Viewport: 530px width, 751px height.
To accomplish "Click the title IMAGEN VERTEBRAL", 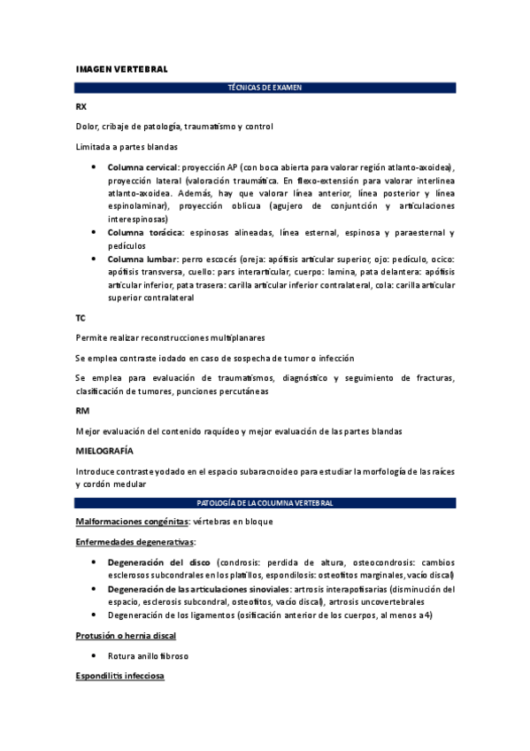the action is click(121, 68).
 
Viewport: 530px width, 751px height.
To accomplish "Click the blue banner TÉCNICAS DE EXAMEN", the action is click(265, 88).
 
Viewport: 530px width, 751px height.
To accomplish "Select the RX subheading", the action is click(81, 107).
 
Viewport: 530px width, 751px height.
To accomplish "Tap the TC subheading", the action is click(81, 317).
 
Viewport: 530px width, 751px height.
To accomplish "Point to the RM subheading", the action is click(81, 411).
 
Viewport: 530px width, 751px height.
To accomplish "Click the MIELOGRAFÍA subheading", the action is click(108, 451).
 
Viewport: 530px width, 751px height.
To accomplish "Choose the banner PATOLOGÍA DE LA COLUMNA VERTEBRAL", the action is click(265, 503).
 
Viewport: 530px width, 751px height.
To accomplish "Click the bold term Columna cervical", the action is click(142, 167).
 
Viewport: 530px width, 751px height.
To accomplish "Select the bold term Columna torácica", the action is click(145, 232).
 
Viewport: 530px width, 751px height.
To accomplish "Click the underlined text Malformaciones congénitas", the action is click(133, 522).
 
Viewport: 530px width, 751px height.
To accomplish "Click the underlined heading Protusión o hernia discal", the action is click(126, 636).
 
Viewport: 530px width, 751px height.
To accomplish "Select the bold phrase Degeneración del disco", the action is click(157, 561).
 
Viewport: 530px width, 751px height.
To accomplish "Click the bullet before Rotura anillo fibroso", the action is click(95, 656).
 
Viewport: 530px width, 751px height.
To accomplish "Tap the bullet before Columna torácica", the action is click(95, 232).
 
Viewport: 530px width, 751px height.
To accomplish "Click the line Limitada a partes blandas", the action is click(127, 147).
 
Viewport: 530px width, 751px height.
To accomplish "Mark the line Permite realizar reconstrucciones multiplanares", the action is click(171, 337).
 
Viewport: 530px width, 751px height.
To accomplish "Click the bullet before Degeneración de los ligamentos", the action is click(95, 615).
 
